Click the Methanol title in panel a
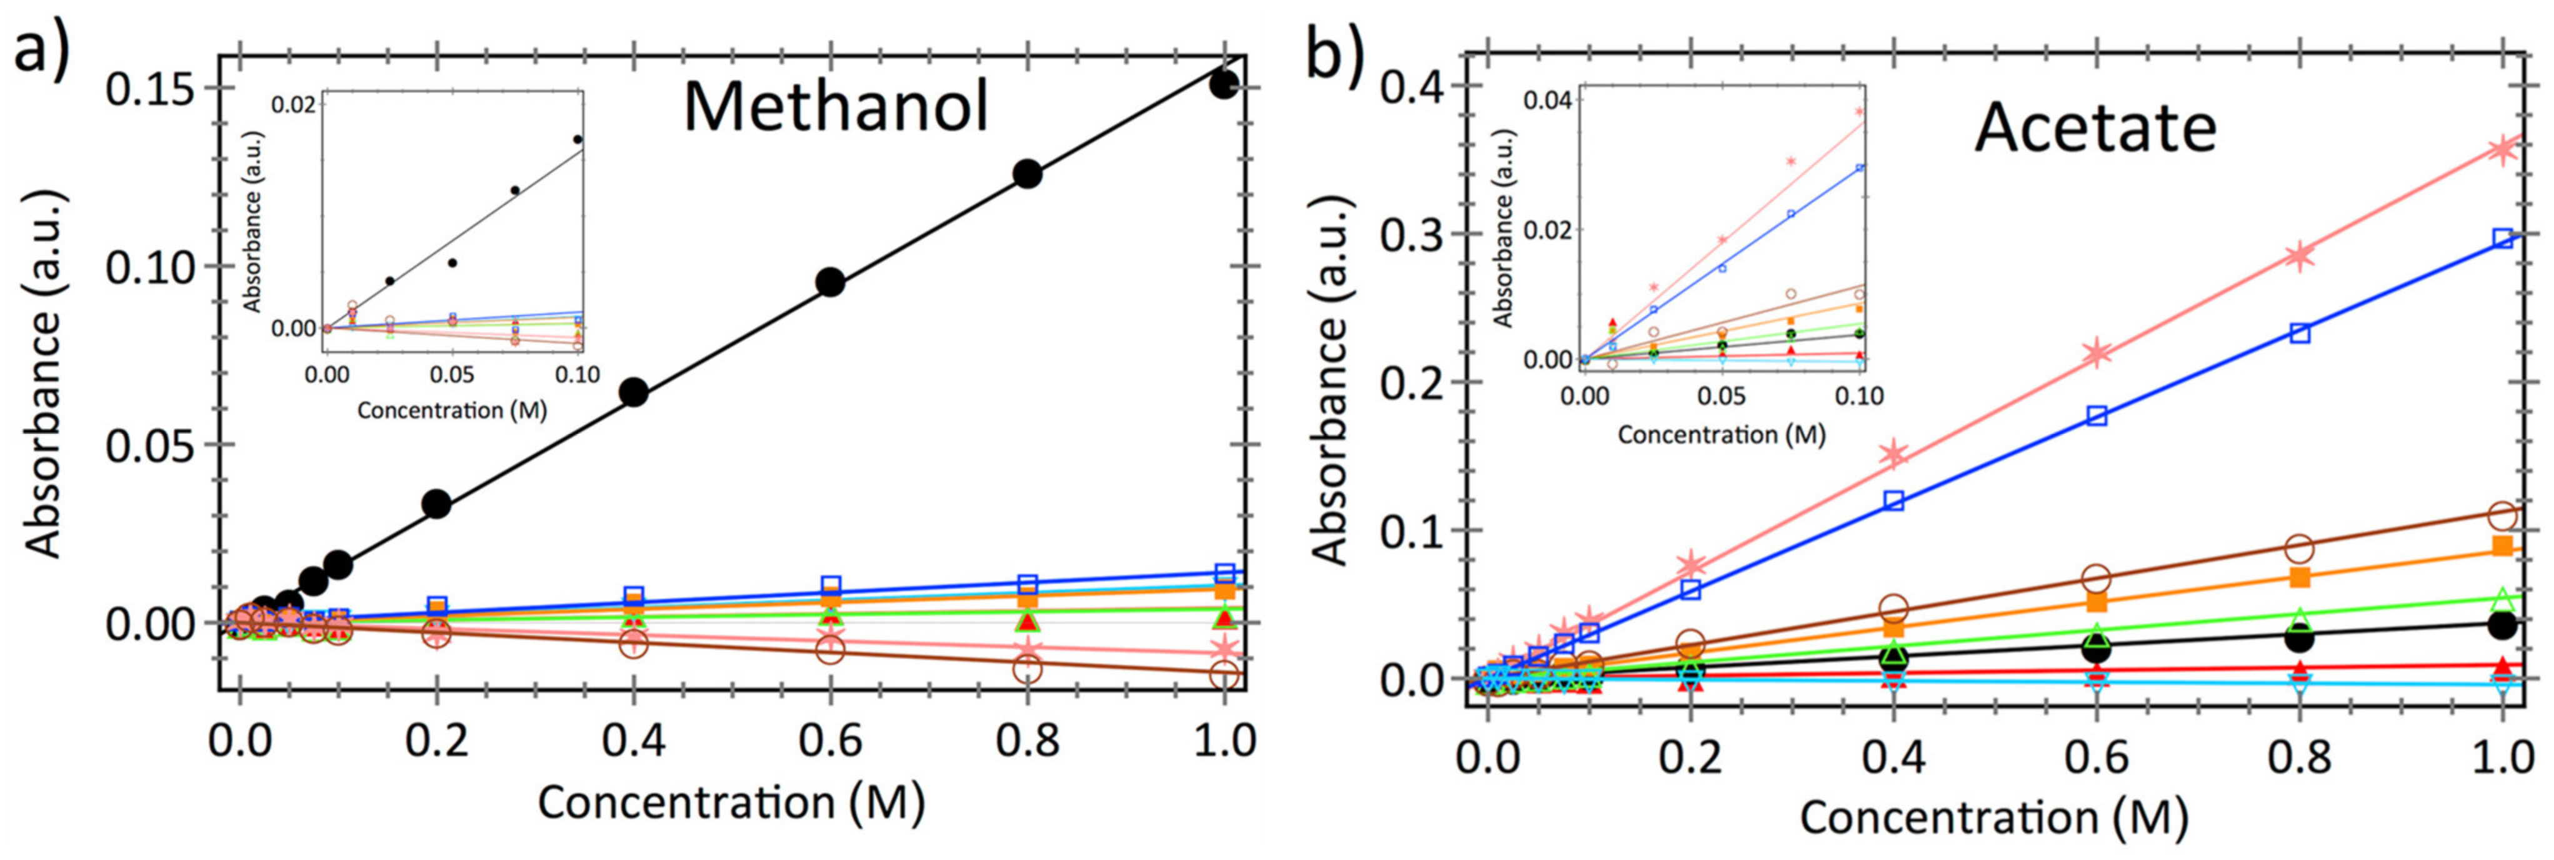[x=836, y=107]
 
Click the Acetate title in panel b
[x=2095, y=129]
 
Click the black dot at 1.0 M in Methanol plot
[x=1224, y=84]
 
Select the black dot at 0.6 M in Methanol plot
[x=830, y=282]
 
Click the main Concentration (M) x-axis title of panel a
[x=731, y=801]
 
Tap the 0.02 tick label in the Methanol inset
[x=294, y=104]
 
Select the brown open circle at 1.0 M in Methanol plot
[x=1224, y=676]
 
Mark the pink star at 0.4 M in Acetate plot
[x=1895, y=454]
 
